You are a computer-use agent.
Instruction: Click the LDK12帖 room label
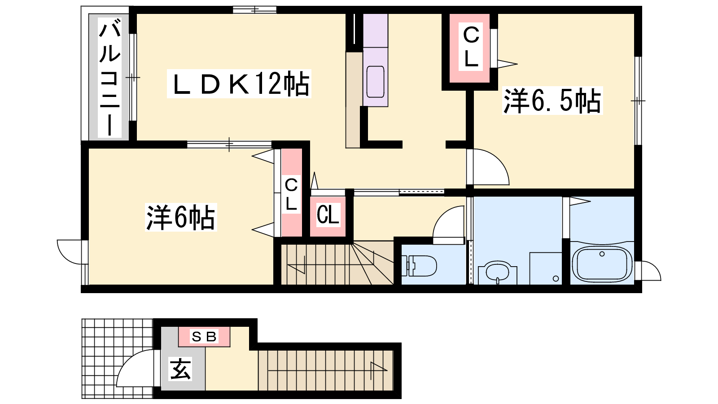click(239, 83)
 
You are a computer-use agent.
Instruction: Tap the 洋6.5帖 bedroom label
click(552, 101)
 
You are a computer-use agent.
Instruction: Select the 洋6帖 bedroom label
click(181, 217)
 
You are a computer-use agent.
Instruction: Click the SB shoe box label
click(204, 336)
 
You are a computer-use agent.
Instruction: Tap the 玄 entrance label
click(181, 369)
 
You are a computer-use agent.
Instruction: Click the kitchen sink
click(375, 82)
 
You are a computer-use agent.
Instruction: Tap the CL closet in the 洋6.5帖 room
click(471, 47)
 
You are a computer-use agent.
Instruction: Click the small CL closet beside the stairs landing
click(328, 215)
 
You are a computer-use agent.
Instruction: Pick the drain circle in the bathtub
click(602, 254)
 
